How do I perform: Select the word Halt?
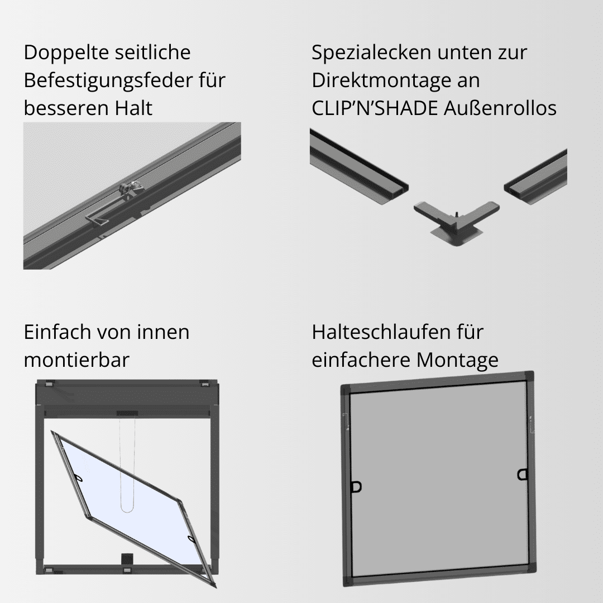tap(133, 108)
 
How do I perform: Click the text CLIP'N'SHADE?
tap(375, 108)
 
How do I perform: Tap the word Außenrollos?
tap(500, 108)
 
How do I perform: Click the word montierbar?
tap(76, 360)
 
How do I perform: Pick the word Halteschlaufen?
tap(381, 332)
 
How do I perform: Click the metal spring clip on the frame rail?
tap(116, 204)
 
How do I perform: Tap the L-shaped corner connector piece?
tap(457, 221)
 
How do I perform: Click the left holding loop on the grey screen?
tap(356, 487)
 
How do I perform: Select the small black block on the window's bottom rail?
tap(127, 559)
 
